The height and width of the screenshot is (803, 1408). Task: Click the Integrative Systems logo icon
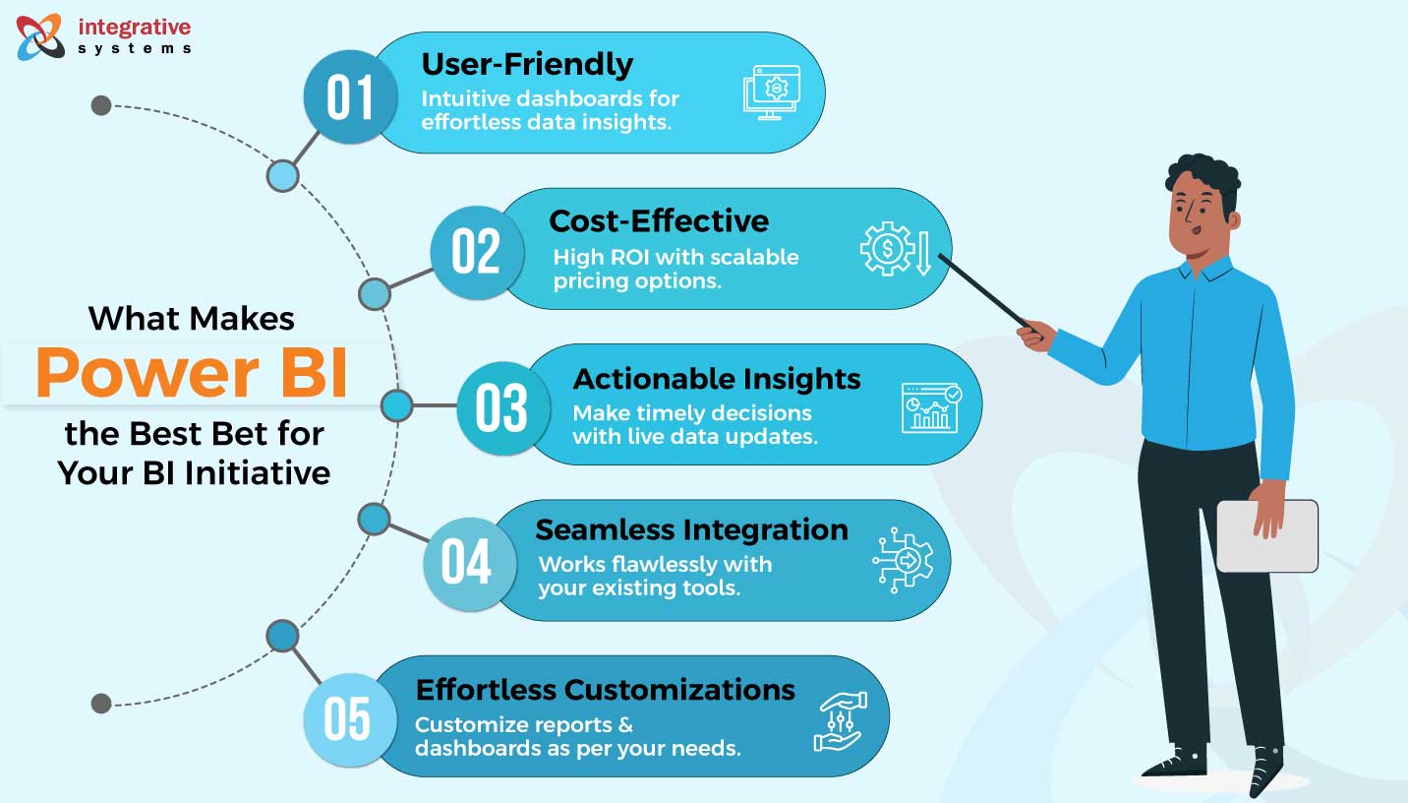coord(40,35)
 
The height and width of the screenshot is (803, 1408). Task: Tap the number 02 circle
coord(477,252)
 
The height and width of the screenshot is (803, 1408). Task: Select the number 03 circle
coord(501,407)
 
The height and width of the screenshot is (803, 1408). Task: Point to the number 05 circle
coord(347,719)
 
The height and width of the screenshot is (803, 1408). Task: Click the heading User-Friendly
coord(527,64)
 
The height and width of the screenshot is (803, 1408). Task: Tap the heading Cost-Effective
coord(659,219)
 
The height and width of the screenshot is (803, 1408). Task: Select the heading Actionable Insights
coord(717,379)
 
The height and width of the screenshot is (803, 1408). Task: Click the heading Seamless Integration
coord(691,529)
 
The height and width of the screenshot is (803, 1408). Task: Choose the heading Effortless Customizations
coord(605,689)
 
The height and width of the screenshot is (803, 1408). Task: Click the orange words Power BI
coord(193,375)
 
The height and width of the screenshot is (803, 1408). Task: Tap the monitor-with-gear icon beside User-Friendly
coord(771,93)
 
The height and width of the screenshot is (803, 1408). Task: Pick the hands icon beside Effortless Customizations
coord(841,720)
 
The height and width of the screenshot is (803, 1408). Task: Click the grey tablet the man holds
coord(1266,536)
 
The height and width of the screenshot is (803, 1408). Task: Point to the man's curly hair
coord(1204,175)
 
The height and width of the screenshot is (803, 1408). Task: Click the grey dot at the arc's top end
coord(100,105)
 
